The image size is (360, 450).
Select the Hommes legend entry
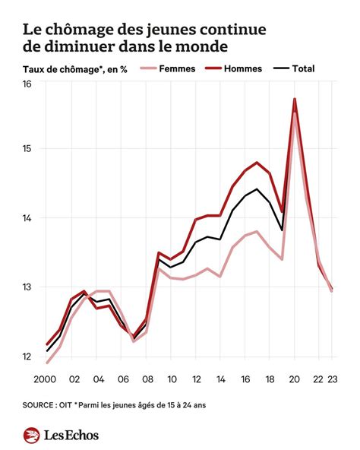[x=243, y=68]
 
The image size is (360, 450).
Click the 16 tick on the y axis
[x=27, y=84]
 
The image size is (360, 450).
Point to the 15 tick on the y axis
[x=27, y=148]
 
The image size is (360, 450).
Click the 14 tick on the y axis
[x=27, y=218]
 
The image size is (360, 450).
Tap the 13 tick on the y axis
[x=27, y=287]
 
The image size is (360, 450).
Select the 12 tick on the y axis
[x=27, y=357]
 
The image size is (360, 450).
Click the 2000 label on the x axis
[x=46, y=378]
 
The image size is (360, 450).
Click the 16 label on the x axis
[x=245, y=378]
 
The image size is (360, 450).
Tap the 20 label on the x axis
[x=295, y=378]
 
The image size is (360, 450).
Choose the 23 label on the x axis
[x=332, y=378]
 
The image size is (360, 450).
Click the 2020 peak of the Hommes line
[x=295, y=99]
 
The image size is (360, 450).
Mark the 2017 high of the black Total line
[x=257, y=189]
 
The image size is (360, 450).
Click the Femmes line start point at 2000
[x=47, y=362]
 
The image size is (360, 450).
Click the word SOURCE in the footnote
[x=43, y=405]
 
